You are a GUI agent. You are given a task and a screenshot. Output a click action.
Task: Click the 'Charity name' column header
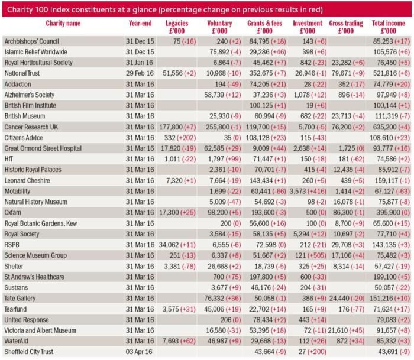click(x=63, y=24)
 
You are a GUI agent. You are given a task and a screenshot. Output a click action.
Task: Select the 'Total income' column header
click(x=388, y=24)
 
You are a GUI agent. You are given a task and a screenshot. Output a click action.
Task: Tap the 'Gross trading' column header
click(x=346, y=24)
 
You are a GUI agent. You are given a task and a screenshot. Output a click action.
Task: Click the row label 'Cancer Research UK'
click(x=31, y=127)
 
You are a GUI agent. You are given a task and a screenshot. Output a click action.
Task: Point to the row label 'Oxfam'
click(x=12, y=212)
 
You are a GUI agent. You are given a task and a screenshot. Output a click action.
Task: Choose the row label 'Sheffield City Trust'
click(x=29, y=352)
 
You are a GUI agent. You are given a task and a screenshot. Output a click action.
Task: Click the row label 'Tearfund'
click(x=15, y=309)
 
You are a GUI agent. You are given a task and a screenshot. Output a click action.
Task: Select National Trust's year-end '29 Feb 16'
click(x=140, y=73)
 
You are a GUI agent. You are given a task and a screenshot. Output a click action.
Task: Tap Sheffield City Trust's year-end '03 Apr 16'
click(x=139, y=352)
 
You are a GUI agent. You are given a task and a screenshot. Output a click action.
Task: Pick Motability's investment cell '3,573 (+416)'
click(x=308, y=191)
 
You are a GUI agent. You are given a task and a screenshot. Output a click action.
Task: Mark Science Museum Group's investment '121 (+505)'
click(x=311, y=255)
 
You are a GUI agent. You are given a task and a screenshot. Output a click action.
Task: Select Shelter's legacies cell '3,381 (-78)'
click(x=180, y=266)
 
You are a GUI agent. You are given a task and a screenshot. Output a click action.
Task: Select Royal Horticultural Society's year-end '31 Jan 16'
click(x=140, y=63)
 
